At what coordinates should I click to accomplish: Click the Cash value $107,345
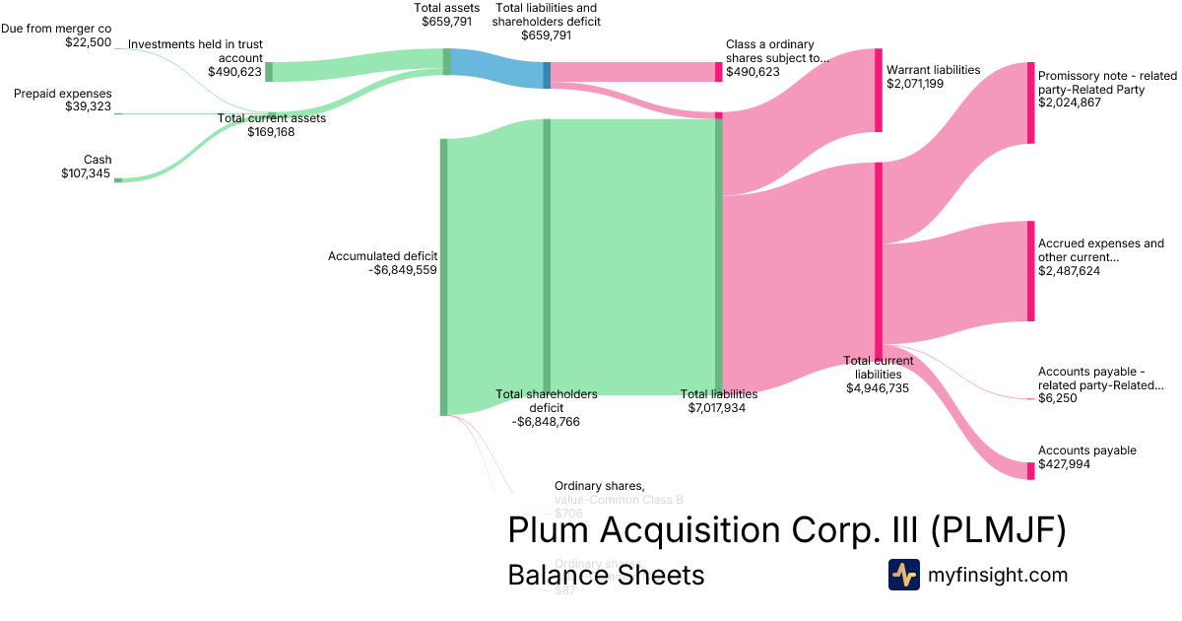pyautogui.click(x=86, y=174)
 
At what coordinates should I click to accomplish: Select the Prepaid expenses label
pyautogui.click(x=63, y=94)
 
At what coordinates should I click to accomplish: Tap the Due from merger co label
pyautogui.click(x=56, y=29)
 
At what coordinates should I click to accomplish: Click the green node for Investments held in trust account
pyautogui.click(x=269, y=71)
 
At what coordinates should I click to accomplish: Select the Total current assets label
pyautogui.click(x=271, y=118)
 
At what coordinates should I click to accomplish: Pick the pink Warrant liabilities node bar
pyautogui.click(x=879, y=90)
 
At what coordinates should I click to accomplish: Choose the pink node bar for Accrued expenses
pyautogui.click(x=1030, y=271)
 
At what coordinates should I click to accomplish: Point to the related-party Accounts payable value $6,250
pyautogui.click(x=1057, y=398)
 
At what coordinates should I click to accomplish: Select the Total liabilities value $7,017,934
pyautogui.click(x=717, y=407)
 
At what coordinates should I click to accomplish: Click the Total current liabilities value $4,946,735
pyautogui.click(x=878, y=388)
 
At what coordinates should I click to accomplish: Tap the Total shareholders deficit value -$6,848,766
pyautogui.click(x=546, y=421)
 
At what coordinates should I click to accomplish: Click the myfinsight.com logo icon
pyautogui.click(x=903, y=575)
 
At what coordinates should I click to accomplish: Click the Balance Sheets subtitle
pyautogui.click(x=606, y=575)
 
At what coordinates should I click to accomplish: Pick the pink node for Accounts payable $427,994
pyautogui.click(x=1030, y=470)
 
